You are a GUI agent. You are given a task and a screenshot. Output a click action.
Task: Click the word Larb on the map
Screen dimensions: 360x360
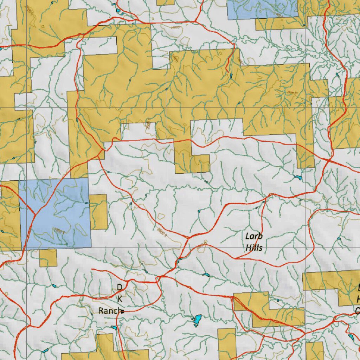point(254,236)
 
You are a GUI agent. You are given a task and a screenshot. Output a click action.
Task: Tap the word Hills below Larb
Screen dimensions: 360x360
point(254,248)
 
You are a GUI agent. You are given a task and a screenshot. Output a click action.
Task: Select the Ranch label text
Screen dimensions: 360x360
point(109,311)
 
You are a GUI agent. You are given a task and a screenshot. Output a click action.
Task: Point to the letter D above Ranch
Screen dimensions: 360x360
point(120,288)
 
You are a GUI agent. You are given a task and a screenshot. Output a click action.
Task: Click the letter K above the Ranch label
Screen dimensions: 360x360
point(120,299)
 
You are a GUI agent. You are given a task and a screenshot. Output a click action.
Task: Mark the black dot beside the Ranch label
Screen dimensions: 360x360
point(122,311)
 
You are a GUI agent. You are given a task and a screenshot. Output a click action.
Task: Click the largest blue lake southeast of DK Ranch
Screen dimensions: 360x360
point(197,320)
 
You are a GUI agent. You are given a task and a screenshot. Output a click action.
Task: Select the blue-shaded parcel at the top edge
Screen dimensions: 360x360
point(262,9)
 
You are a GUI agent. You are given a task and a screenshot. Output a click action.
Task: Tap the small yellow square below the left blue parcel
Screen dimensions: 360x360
point(48,258)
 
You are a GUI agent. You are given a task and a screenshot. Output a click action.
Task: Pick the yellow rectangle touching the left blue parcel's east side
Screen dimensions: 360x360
point(99,212)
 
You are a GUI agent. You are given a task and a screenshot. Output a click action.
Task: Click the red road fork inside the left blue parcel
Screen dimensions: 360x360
point(35,213)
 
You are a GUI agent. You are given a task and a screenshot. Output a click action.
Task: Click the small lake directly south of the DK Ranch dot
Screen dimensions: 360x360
point(114,328)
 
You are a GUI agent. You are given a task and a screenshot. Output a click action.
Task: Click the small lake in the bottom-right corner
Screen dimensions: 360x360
point(351,337)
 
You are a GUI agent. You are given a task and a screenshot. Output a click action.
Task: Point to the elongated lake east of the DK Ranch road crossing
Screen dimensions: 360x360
point(206,275)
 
